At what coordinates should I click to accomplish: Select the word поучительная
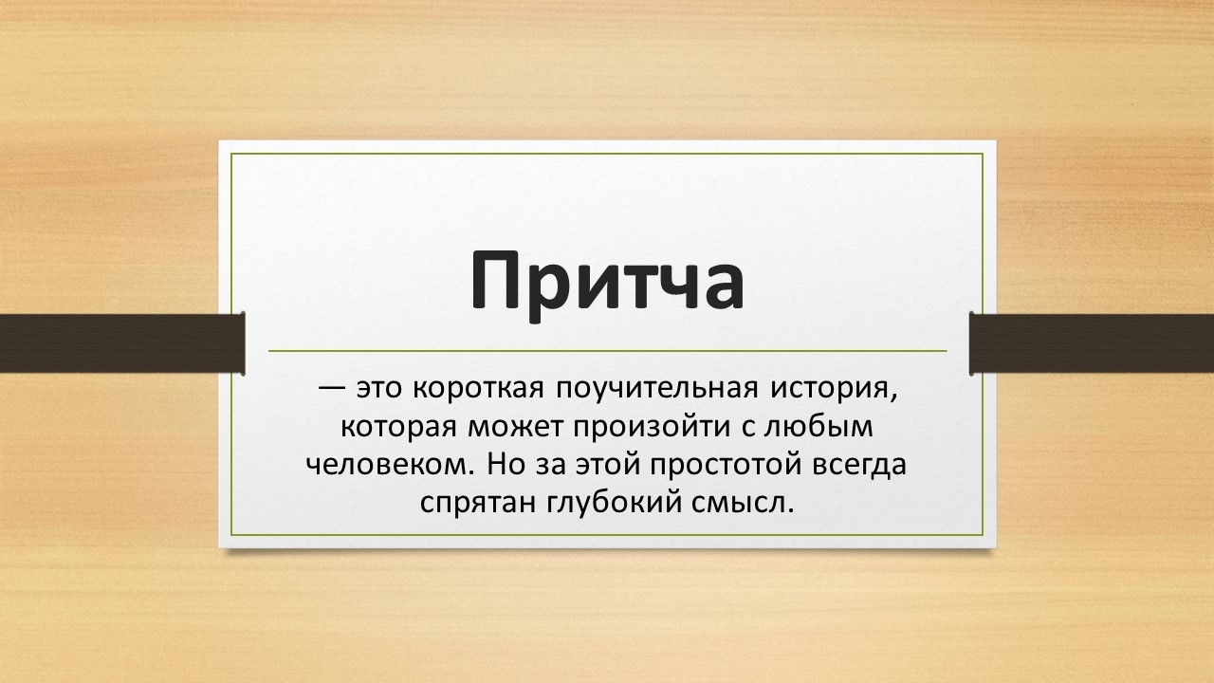(x=657, y=391)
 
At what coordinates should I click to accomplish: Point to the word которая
(x=399, y=427)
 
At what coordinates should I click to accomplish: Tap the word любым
(x=818, y=426)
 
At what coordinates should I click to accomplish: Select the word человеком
(x=390, y=465)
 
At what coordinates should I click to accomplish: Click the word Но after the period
(x=506, y=465)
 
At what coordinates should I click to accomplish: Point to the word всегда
(x=859, y=466)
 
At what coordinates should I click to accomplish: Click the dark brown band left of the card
(x=122, y=343)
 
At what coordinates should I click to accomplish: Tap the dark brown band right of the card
(x=1092, y=343)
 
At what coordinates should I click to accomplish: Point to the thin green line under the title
(x=608, y=351)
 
